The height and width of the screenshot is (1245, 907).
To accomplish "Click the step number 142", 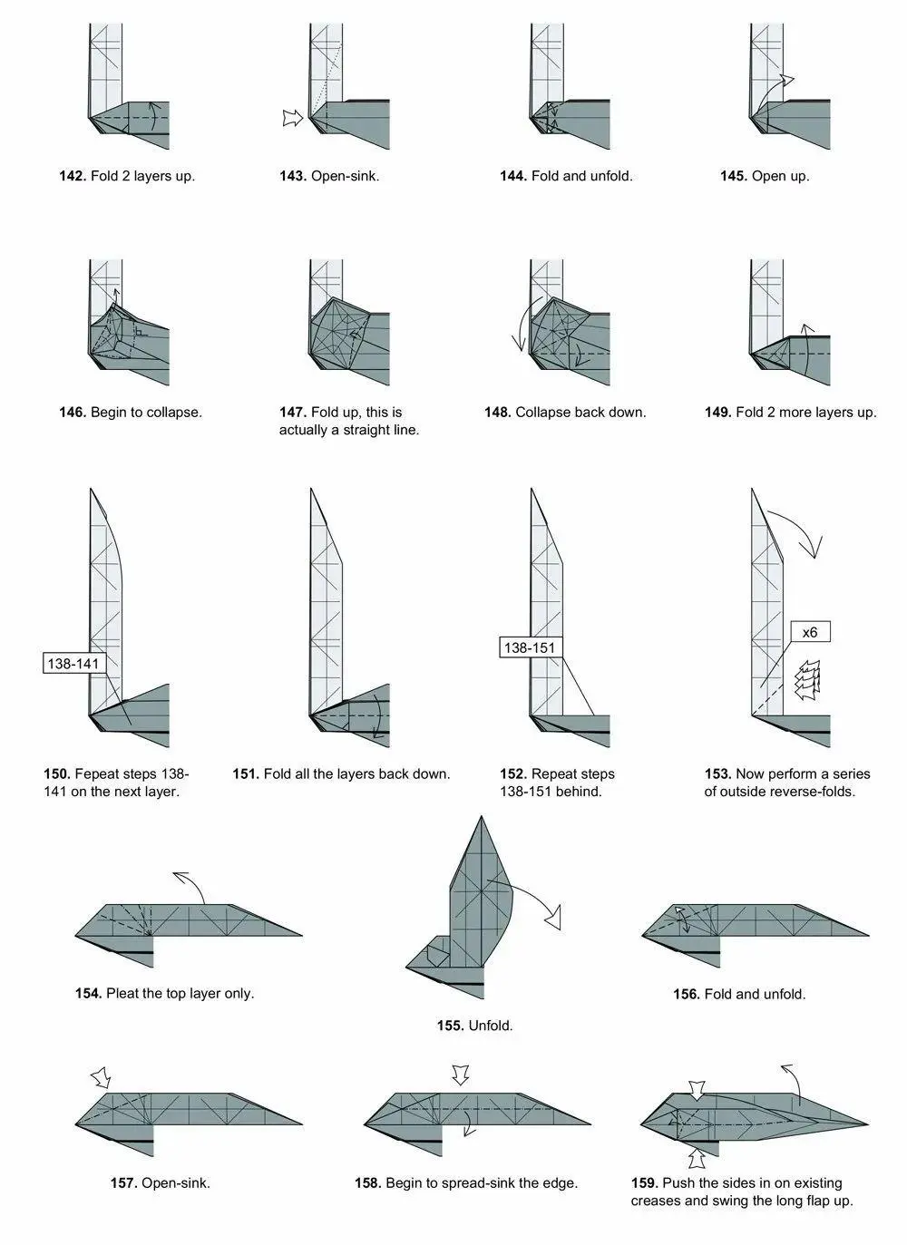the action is click(73, 176).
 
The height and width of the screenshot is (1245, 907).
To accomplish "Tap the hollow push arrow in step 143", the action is click(293, 118).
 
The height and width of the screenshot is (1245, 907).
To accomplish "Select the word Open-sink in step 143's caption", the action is click(345, 176).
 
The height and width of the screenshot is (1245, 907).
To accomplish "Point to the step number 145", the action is click(734, 176).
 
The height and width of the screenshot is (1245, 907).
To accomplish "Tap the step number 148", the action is click(498, 413).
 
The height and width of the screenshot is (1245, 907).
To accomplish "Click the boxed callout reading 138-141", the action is click(74, 664).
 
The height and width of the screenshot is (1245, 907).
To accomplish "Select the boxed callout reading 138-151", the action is click(531, 647).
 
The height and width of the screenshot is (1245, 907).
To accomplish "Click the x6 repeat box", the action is click(810, 633).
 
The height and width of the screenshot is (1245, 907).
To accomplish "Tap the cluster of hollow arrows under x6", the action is click(808, 680).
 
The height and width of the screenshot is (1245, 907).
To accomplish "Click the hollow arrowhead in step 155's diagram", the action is click(554, 919).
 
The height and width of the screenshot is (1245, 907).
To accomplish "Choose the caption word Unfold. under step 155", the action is click(491, 1026).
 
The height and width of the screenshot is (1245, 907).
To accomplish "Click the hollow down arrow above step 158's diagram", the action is click(461, 1075).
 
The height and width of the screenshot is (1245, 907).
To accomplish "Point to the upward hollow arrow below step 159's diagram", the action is click(697, 1160).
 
